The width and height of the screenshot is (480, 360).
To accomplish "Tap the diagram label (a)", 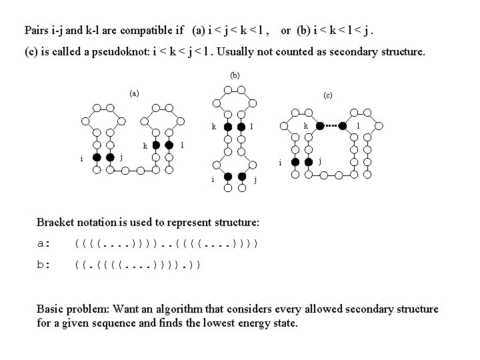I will pos(134,93).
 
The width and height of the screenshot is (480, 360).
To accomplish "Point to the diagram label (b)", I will pos(234,75).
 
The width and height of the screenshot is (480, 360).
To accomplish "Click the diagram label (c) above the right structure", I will pos(327,95).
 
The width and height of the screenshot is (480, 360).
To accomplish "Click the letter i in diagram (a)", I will pos(81,159).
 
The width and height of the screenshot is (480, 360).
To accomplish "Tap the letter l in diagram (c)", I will pos(359,125).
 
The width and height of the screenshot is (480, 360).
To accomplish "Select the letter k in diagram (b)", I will pos(213,125).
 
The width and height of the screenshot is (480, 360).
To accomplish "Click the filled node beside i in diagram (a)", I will pos(97,158).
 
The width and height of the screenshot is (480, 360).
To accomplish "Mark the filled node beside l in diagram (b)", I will pos(242,126).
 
